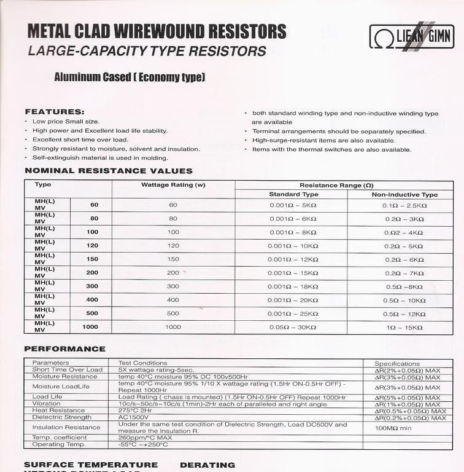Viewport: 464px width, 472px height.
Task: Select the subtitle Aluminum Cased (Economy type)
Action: (x=130, y=77)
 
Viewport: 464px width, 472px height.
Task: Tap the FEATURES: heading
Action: (x=54, y=112)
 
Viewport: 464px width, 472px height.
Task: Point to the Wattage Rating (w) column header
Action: (x=173, y=185)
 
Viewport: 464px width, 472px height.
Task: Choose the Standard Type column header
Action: (x=293, y=195)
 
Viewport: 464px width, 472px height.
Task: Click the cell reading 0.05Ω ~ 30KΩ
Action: (x=293, y=328)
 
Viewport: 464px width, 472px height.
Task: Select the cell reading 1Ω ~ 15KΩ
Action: (x=404, y=328)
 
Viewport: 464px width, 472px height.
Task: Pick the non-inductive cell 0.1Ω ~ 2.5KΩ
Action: (x=404, y=205)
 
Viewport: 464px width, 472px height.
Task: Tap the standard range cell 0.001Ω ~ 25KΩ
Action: (x=293, y=313)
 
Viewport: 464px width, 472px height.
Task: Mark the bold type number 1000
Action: (x=90, y=327)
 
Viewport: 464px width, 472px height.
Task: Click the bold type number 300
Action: (x=92, y=286)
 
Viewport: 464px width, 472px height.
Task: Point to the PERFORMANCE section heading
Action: (x=65, y=349)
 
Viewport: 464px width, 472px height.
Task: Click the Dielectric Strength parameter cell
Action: (x=61, y=418)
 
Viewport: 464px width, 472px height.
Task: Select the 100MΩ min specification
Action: (x=393, y=428)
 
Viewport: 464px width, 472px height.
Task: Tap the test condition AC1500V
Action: (x=133, y=418)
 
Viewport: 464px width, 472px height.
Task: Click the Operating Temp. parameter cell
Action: (x=60, y=445)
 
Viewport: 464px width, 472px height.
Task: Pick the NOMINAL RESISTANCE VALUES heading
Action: (x=109, y=171)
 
